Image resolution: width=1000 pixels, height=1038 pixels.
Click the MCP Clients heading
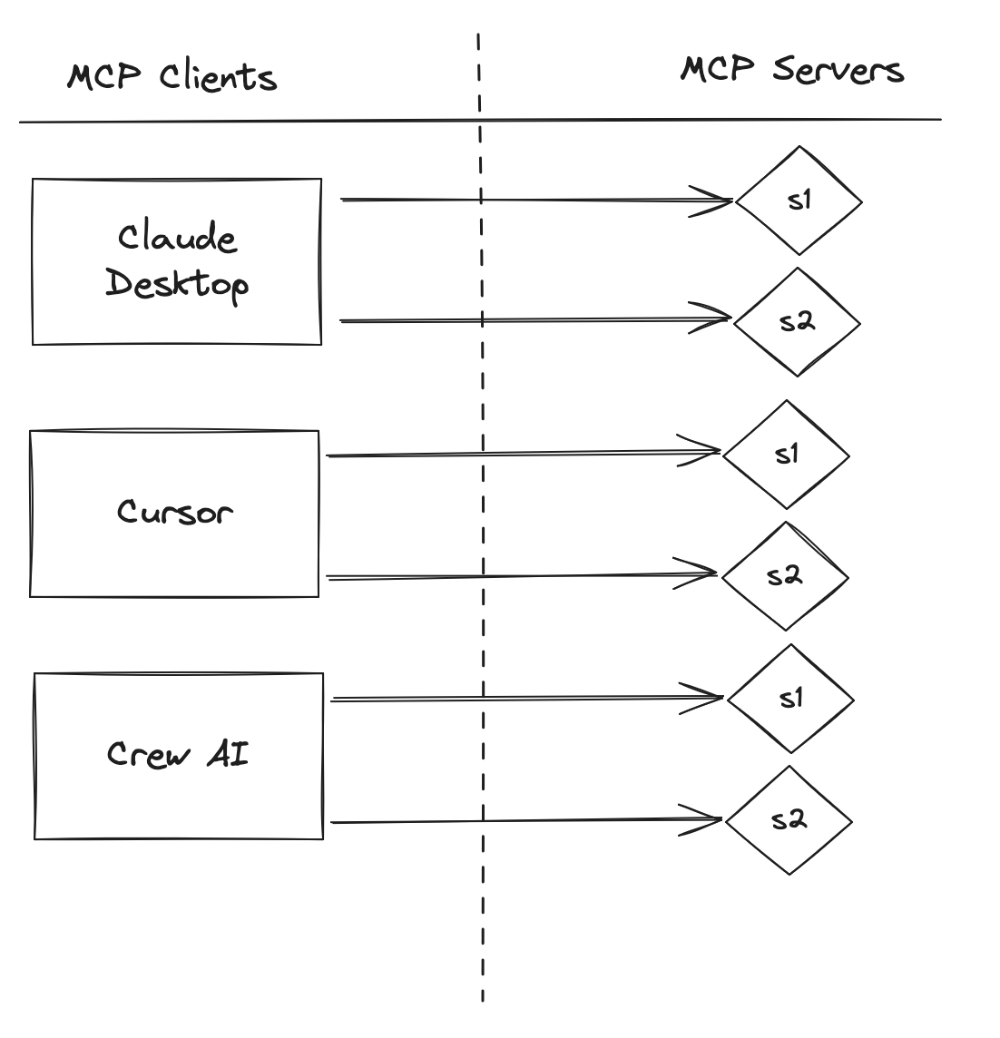(172, 76)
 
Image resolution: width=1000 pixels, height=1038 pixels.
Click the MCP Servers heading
(791, 70)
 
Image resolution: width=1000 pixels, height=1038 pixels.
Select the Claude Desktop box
(177, 261)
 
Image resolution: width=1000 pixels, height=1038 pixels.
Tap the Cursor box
(174, 513)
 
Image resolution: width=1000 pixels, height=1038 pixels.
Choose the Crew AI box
(178, 755)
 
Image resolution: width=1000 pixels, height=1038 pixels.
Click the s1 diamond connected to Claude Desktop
(798, 201)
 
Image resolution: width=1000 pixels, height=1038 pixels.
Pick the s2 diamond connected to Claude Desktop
(797, 321)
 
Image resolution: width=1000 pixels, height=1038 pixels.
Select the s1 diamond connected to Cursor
(786, 454)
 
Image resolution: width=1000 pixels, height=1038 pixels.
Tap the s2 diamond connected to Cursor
(785, 575)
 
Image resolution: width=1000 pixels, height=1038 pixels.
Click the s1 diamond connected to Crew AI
(790, 698)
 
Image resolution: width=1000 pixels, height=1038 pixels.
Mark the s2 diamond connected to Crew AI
(789, 820)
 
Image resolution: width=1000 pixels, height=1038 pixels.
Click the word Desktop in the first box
(177, 284)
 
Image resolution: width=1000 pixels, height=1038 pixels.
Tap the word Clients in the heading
(218, 76)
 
